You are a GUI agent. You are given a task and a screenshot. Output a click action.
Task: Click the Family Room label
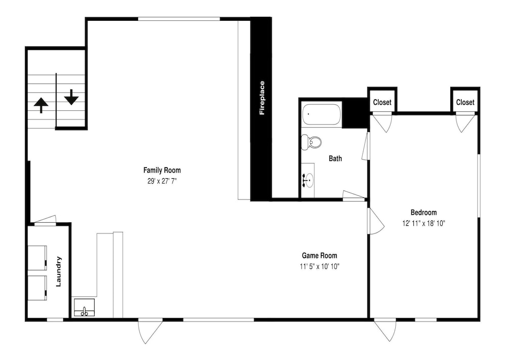(x=162, y=170)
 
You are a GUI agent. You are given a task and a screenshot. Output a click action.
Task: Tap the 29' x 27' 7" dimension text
(x=162, y=181)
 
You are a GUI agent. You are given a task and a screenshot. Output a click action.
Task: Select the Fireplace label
(x=262, y=98)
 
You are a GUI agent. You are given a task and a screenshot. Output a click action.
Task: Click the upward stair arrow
(x=41, y=105)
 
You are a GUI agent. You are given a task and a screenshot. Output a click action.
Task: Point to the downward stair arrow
(x=71, y=97)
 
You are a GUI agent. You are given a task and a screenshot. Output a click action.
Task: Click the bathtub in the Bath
(x=321, y=114)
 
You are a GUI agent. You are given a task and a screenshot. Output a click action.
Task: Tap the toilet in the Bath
(x=311, y=142)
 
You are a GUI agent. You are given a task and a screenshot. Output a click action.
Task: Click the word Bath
(x=335, y=158)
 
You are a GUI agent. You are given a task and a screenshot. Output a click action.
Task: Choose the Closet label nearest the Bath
(x=382, y=102)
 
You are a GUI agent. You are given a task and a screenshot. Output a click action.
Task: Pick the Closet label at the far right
(x=465, y=102)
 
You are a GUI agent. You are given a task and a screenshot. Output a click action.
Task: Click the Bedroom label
(x=424, y=213)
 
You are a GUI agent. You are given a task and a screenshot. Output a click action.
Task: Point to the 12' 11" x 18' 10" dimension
(x=424, y=223)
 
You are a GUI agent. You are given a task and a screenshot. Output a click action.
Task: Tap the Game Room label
(x=319, y=256)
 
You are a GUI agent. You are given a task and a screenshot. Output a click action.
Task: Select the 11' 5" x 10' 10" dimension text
(x=319, y=266)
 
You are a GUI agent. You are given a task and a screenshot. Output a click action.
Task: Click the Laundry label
(x=58, y=271)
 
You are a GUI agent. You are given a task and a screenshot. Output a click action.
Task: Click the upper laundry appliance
(x=37, y=258)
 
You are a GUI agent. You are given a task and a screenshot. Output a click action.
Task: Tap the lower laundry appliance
(x=37, y=288)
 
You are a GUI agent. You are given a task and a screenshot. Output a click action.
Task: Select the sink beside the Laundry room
(x=84, y=308)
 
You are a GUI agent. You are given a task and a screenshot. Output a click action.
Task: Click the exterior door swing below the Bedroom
(x=385, y=330)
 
